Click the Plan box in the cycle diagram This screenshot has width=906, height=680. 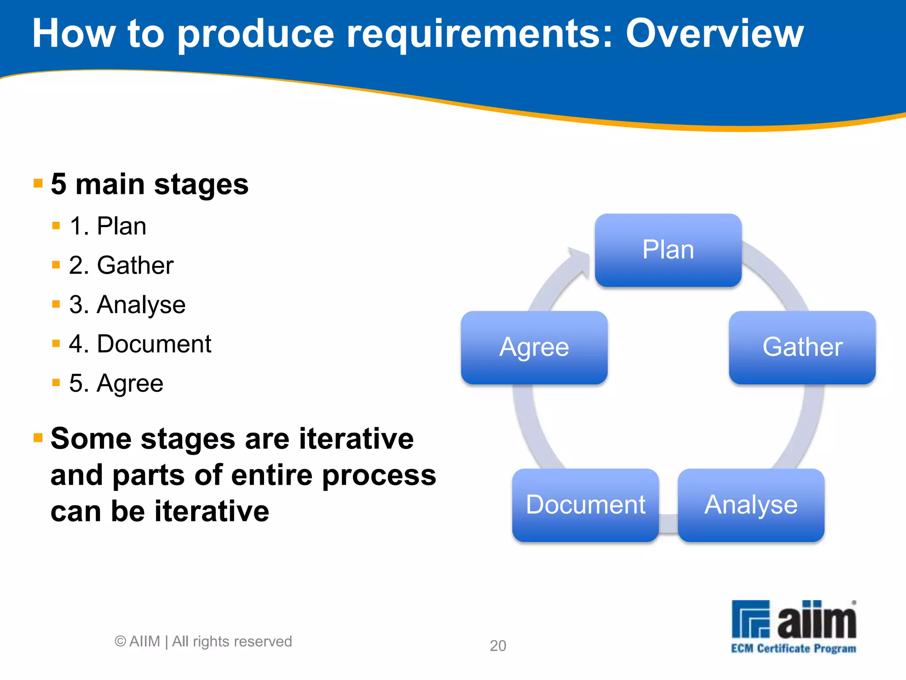coord(668,250)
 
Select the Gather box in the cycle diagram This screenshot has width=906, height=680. coord(802,348)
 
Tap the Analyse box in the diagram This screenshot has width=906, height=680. coord(751,505)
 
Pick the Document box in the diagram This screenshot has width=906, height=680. coord(585,505)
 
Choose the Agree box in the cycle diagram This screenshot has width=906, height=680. coord(534,348)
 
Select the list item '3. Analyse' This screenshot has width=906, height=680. coord(127,305)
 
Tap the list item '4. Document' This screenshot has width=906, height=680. coord(140,344)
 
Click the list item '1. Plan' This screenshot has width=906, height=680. coord(107,226)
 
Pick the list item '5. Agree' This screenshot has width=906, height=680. coord(116,383)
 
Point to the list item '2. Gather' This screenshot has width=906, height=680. coord(121,266)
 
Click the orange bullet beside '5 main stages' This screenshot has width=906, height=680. coord(38,183)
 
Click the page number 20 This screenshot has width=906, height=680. coord(498,646)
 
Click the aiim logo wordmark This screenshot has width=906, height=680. coord(816,620)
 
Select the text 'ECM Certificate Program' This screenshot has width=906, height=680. coord(793,649)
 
